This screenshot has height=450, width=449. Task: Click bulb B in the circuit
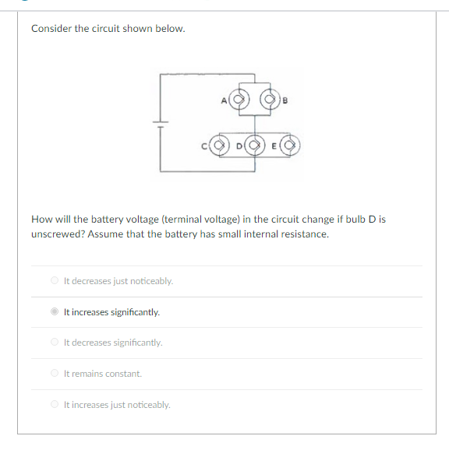pyautogui.click(x=270, y=100)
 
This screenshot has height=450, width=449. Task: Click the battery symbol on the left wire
pyautogui.click(x=161, y=124)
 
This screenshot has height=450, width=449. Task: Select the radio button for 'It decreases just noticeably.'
pyautogui.click(x=54, y=281)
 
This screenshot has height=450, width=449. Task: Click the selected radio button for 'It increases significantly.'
pyautogui.click(x=54, y=312)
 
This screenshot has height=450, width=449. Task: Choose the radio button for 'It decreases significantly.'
pyautogui.click(x=54, y=343)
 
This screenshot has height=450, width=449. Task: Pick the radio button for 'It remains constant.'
pyautogui.click(x=54, y=374)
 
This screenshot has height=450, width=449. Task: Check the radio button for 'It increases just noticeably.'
pyautogui.click(x=54, y=405)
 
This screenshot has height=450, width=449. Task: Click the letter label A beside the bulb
pyautogui.click(x=224, y=100)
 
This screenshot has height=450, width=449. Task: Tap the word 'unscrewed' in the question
pyautogui.click(x=55, y=234)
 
